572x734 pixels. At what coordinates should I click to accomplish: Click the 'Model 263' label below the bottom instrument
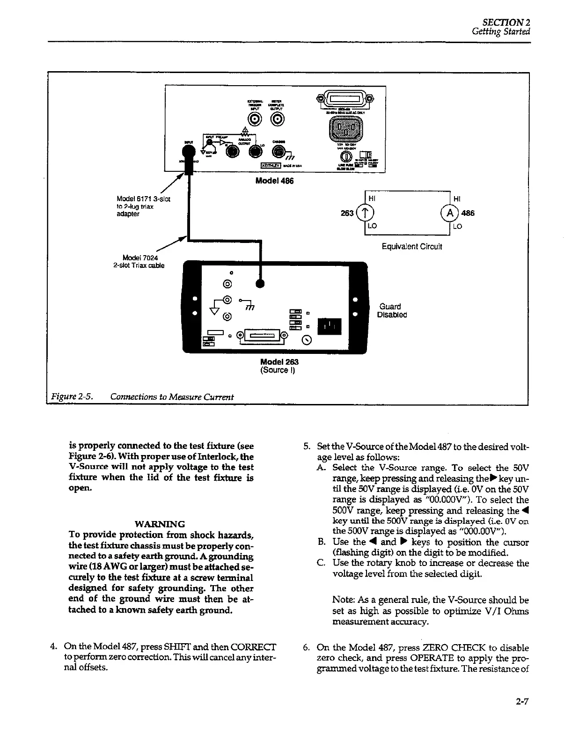pos(279,362)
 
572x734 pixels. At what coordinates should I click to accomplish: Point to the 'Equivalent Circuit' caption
pos(411,247)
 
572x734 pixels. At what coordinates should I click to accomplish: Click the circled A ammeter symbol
pos(450,213)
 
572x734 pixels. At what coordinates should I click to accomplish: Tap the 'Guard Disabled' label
pos(392,311)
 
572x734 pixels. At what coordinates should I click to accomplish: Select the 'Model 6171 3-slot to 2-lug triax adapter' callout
pos(143,206)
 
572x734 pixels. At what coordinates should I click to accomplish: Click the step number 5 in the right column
pos(307,446)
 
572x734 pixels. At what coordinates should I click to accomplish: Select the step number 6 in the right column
pos(307,648)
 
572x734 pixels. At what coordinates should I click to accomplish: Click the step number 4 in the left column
pos(53,648)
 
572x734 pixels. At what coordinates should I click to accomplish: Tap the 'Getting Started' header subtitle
pos(500,32)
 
